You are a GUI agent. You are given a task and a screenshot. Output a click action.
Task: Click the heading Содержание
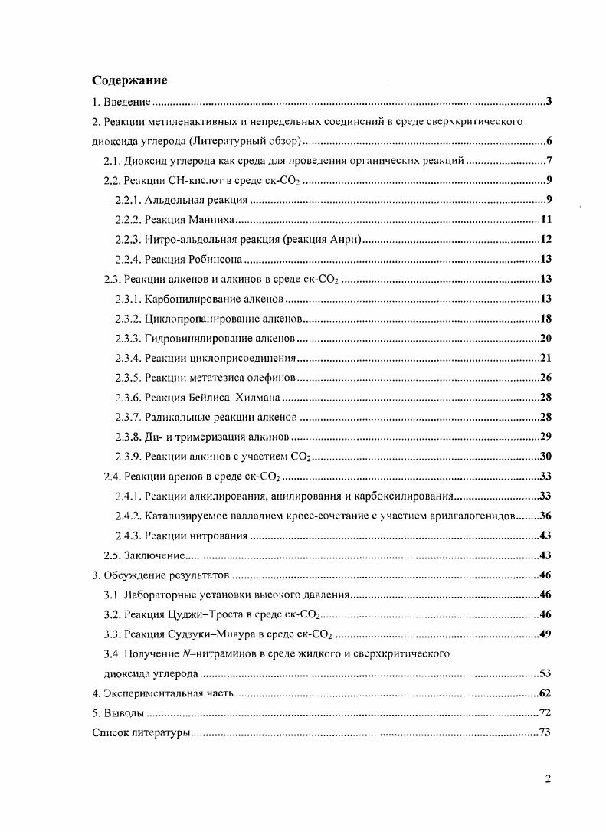coord(129,80)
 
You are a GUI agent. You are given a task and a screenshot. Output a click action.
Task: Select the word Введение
coord(126,102)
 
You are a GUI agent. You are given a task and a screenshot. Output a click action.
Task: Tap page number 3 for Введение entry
coord(549,102)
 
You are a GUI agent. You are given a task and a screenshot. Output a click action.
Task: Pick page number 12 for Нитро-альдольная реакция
coord(546,240)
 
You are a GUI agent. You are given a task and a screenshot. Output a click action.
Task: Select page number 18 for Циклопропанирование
coord(546,319)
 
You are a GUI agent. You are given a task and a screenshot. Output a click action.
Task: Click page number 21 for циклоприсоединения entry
coord(546,358)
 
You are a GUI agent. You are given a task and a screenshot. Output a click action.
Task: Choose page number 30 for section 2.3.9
coord(546,457)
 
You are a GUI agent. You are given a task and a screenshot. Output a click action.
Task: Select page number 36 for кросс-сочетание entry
coord(546,516)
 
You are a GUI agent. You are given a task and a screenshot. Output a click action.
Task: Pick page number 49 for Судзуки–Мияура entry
coord(546,634)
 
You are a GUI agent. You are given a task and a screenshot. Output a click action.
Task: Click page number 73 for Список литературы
coord(546,733)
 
